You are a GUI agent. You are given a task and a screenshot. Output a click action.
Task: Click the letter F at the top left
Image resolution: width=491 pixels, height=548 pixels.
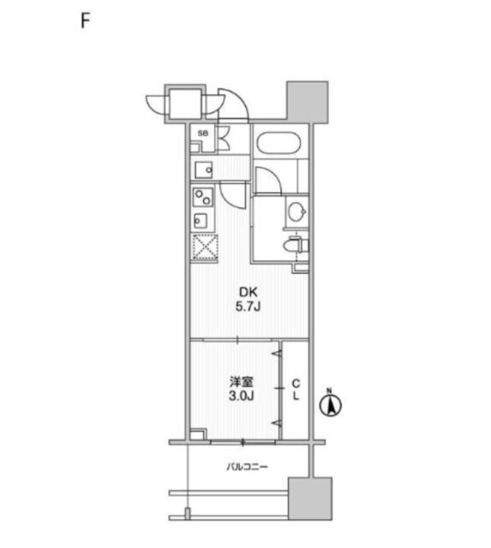(x=86, y=21)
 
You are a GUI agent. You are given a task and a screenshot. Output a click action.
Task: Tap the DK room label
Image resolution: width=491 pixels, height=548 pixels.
(x=248, y=292)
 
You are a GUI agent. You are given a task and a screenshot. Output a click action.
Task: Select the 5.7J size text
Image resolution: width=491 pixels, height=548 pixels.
(x=248, y=307)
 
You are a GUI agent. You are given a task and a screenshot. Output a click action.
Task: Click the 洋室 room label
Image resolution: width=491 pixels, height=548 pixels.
(x=242, y=382)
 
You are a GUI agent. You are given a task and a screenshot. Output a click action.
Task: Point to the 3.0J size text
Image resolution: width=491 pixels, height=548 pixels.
(x=242, y=396)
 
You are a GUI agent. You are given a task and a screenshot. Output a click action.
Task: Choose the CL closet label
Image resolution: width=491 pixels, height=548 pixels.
(x=296, y=390)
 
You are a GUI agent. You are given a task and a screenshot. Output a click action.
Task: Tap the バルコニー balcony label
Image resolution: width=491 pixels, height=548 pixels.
(x=247, y=467)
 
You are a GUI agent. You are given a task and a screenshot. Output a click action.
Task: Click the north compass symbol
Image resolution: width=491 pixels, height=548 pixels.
(x=331, y=405)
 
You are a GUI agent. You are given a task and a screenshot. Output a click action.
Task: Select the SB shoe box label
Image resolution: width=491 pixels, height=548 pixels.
(x=202, y=134)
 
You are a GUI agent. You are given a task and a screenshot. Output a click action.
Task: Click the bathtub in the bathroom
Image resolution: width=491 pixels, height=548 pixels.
(x=278, y=143)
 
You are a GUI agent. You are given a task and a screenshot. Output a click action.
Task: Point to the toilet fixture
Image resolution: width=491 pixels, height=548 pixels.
(x=296, y=246)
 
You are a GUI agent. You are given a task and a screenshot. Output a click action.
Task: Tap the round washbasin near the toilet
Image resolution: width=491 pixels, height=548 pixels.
(x=296, y=211)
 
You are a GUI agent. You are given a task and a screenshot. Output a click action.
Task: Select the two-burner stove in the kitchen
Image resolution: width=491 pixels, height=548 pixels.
(x=203, y=198)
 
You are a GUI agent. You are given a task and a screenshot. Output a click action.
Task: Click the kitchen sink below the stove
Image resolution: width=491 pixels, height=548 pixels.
(x=201, y=221)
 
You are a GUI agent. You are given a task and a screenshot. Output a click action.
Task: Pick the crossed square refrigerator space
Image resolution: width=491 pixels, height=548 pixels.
(x=206, y=247)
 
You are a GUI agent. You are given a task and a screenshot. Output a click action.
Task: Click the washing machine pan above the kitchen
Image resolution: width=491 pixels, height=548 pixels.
(x=204, y=170)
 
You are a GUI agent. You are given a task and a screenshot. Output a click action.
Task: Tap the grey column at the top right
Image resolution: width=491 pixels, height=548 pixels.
(x=308, y=102)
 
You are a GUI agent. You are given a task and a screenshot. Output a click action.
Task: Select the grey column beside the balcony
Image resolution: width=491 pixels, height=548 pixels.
(x=310, y=498)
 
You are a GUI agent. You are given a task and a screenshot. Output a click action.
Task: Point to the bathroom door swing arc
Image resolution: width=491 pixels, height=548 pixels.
(x=272, y=176)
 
